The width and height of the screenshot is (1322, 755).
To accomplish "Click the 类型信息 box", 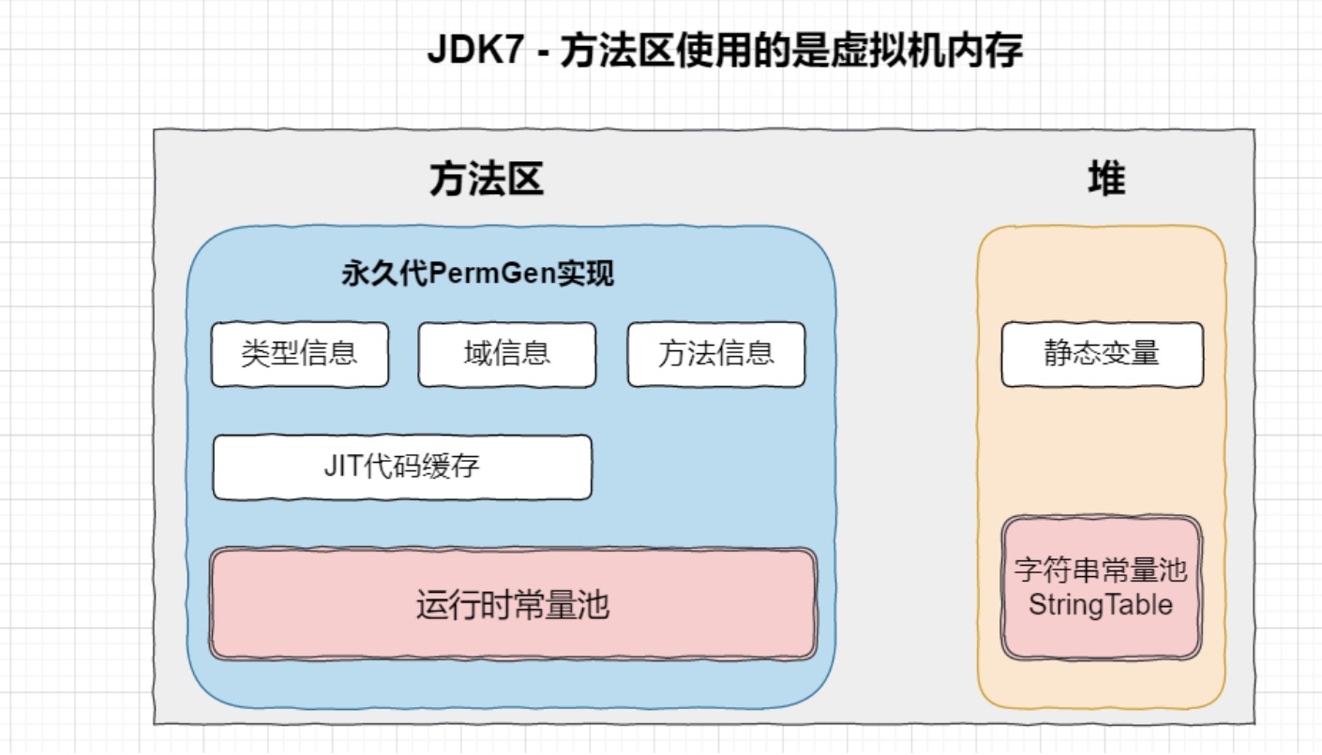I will pos(300,355).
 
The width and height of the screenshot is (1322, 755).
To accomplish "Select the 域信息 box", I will pos(506,355).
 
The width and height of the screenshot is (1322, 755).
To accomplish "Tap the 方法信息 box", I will pos(716,355).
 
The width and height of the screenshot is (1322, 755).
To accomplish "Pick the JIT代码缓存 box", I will pos(402,466).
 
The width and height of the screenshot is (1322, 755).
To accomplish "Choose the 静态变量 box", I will pos(1102,355).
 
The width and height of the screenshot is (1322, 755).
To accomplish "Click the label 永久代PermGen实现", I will pos(478,274).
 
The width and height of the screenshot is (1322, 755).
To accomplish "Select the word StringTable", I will pos(1101,604).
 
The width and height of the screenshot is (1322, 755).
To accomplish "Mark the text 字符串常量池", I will pos(1101,570).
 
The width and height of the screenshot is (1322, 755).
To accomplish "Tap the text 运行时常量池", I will pos(513,605).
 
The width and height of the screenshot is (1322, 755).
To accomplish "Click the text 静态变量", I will pos(1102,353).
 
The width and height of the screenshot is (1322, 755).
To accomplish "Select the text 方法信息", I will pos(716,353).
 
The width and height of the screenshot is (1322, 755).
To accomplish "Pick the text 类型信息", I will pos(300,353).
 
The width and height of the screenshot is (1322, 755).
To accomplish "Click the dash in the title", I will pos(543,52).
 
